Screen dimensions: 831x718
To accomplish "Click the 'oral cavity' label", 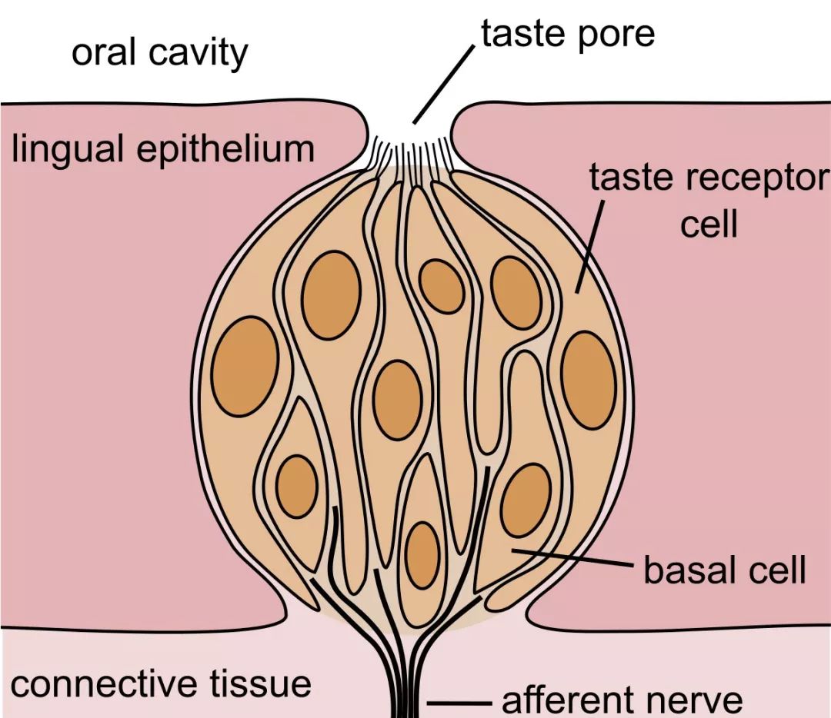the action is (x=159, y=53).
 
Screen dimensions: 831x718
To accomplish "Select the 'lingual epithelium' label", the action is (x=163, y=149).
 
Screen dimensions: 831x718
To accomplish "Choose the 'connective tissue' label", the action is (x=161, y=683).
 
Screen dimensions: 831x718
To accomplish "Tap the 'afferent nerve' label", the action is (x=622, y=700).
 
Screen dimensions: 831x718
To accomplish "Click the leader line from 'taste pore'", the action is (x=444, y=85).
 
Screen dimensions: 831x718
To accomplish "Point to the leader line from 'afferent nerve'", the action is (x=459, y=703).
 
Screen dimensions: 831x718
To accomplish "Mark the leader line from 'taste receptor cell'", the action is (x=589, y=247).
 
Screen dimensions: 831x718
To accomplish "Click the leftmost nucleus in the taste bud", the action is (x=245, y=367).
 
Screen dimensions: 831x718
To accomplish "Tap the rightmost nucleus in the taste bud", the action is (x=589, y=380).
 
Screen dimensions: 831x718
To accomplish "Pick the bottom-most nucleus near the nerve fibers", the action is (x=423, y=555).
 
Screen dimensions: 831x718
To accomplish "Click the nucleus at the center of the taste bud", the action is (x=398, y=400).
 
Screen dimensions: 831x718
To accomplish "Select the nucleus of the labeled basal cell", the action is (x=526, y=500).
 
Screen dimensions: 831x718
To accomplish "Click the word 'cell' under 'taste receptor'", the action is (x=709, y=224).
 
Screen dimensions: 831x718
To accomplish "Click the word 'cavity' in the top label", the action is (x=199, y=54).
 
